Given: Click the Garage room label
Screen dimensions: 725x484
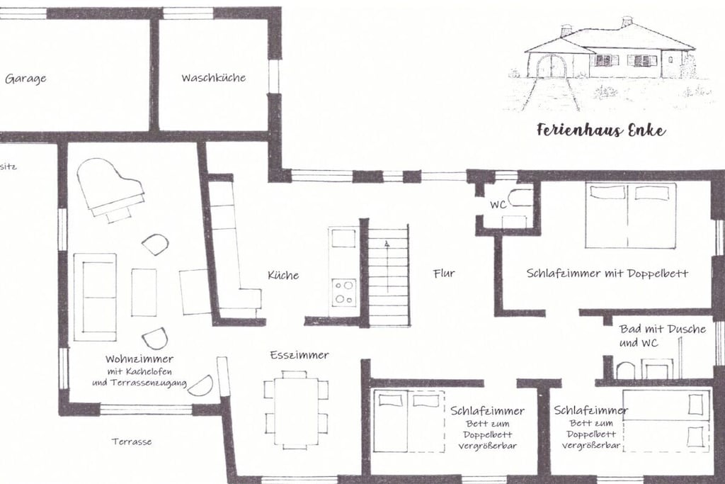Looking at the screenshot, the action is coord(25,78).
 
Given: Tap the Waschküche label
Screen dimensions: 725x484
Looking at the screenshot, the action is coord(213,77).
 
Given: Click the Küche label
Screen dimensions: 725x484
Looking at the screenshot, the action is coord(283,276).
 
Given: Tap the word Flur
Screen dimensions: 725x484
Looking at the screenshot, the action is coord(444,274).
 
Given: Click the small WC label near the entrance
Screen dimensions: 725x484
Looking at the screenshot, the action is coord(498,205).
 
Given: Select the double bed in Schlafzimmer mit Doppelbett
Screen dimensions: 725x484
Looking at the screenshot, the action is coord(631,215).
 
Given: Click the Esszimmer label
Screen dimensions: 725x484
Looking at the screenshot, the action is coord(299,355).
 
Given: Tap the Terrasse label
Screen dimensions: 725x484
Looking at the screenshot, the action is coord(131,441).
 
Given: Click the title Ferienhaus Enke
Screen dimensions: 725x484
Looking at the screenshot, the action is coord(601,130).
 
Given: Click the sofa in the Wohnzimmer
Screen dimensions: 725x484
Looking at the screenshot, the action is coord(95,297).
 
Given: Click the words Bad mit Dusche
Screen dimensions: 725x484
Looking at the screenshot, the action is coord(663,329).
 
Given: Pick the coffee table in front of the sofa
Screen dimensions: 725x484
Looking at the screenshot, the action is coord(144,293).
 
